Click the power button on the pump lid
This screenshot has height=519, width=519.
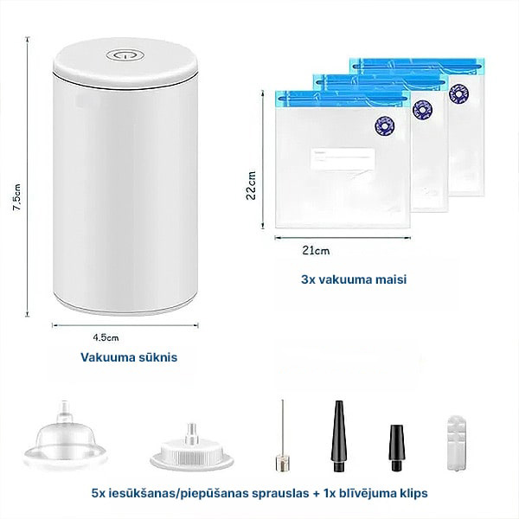coord(125,55)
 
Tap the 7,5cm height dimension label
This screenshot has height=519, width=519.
coord(16,197)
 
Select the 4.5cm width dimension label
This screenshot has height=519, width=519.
coord(106,337)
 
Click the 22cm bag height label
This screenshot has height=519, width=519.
coord(251,185)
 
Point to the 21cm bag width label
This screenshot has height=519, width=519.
coord(316,251)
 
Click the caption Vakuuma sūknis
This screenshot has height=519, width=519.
coord(129,357)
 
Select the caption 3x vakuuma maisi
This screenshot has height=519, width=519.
coord(354,279)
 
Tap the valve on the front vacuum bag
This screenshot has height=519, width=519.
coord(385,125)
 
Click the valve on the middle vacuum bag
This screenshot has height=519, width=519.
coord(422,110)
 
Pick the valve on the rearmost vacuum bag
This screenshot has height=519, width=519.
coord(458,93)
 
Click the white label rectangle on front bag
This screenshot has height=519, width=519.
coord(343,159)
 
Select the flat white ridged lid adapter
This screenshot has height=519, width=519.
coord(192,448)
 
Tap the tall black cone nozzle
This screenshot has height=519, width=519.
coord(338,436)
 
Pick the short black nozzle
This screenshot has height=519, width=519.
coord(396,447)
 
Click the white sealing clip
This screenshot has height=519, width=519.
coord(457,443)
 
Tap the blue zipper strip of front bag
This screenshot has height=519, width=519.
coord(343,99)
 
